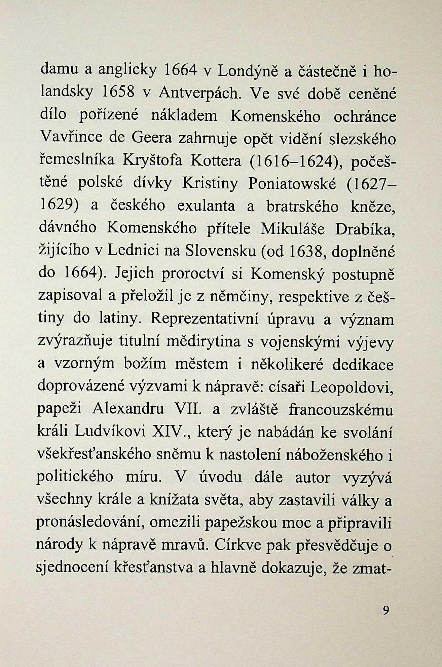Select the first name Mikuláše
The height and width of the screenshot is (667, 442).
[x=293, y=229]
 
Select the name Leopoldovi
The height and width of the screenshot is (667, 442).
[x=351, y=387]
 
